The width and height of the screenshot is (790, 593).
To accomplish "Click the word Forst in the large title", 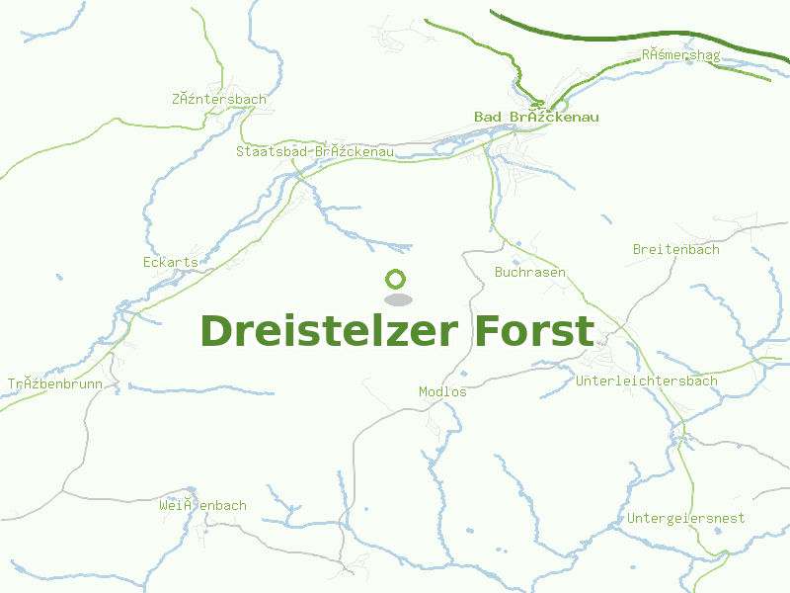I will (534, 331).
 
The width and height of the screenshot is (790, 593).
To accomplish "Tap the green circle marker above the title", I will (396, 279).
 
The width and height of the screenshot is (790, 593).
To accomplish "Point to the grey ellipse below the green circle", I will (397, 298).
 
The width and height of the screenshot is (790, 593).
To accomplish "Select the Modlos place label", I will (442, 391).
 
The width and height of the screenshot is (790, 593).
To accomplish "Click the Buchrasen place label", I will (530, 272).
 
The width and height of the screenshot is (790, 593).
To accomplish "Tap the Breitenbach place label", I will (676, 250).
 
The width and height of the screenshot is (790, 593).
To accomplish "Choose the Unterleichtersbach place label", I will (647, 381).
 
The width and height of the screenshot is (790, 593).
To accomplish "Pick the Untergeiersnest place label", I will (686, 518).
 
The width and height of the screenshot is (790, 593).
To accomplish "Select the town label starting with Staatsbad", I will (315, 151).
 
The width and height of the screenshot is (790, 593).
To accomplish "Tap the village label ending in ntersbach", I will (219, 99).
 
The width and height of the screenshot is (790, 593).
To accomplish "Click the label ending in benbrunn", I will (55, 383).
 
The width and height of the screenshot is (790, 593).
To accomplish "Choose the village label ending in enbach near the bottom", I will (202, 505).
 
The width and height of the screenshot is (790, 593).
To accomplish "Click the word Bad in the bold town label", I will (487, 117).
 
